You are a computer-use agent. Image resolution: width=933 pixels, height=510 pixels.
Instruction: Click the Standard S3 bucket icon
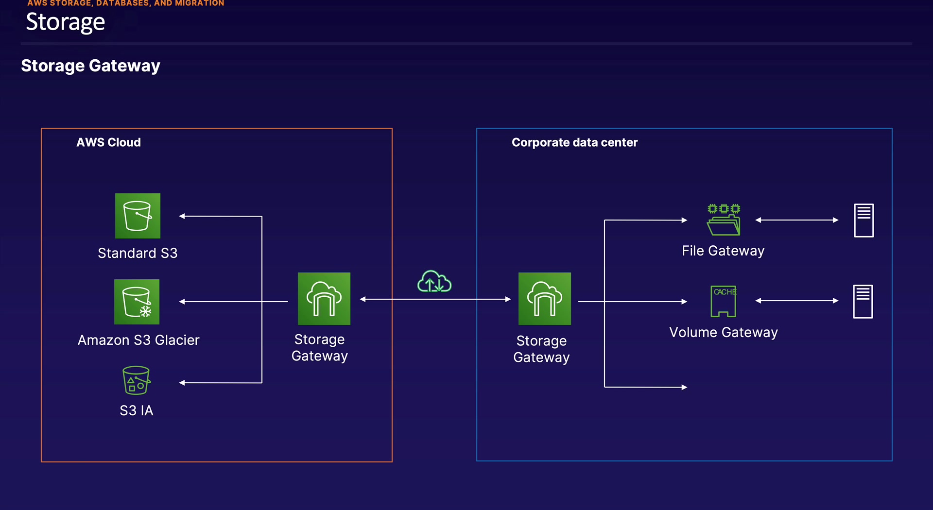pyautogui.click(x=138, y=216)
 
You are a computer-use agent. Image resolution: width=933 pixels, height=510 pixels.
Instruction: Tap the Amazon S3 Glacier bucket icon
pyautogui.click(x=137, y=302)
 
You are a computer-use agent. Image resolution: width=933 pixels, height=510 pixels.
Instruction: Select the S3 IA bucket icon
pyautogui.click(x=136, y=380)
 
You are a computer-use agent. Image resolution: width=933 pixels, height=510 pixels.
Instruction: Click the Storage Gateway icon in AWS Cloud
pyautogui.click(x=324, y=298)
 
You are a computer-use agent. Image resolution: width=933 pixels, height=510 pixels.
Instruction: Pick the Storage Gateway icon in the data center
pyautogui.click(x=544, y=298)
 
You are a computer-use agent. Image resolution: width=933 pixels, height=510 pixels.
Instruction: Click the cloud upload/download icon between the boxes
pyautogui.click(x=434, y=282)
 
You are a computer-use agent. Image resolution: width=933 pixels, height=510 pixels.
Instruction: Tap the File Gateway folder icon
pyautogui.click(x=724, y=220)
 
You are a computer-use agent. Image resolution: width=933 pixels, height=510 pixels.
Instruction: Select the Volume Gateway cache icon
pyautogui.click(x=724, y=301)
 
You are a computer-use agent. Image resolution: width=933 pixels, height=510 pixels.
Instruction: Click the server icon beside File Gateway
pyautogui.click(x=864, y=221)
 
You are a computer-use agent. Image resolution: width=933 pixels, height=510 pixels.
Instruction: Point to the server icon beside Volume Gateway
pyautogui.click(x=863, y=302)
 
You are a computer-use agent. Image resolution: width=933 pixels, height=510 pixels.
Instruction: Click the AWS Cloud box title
pyautogui.click(x=108, y=142)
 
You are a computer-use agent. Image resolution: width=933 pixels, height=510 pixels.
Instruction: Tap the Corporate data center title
pyautogui.click(x=574, y=142)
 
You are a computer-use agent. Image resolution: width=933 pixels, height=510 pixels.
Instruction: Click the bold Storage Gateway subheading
pyautogui.click(x=90, y=66)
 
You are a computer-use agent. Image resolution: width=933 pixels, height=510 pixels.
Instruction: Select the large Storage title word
pyautogui.click(x=65, y=22)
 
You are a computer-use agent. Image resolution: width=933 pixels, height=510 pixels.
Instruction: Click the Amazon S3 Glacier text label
pyautogui.click(x=138, y=340)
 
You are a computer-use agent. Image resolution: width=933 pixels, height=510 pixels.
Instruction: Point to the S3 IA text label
pyautogui.click(x=137, y=410)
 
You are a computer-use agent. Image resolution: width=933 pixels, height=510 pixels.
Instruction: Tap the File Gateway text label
pyautogui.click(x=723, y=251)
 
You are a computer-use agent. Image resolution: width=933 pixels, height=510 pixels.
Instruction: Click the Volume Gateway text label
pyautogui.click(x=724, y=332)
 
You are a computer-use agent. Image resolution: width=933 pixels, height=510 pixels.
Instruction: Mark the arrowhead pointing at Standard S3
pyautogui.click(x=182, y=216)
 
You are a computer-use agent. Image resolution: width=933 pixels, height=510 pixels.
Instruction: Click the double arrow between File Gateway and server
pyautogui.click(x=797, y=220)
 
